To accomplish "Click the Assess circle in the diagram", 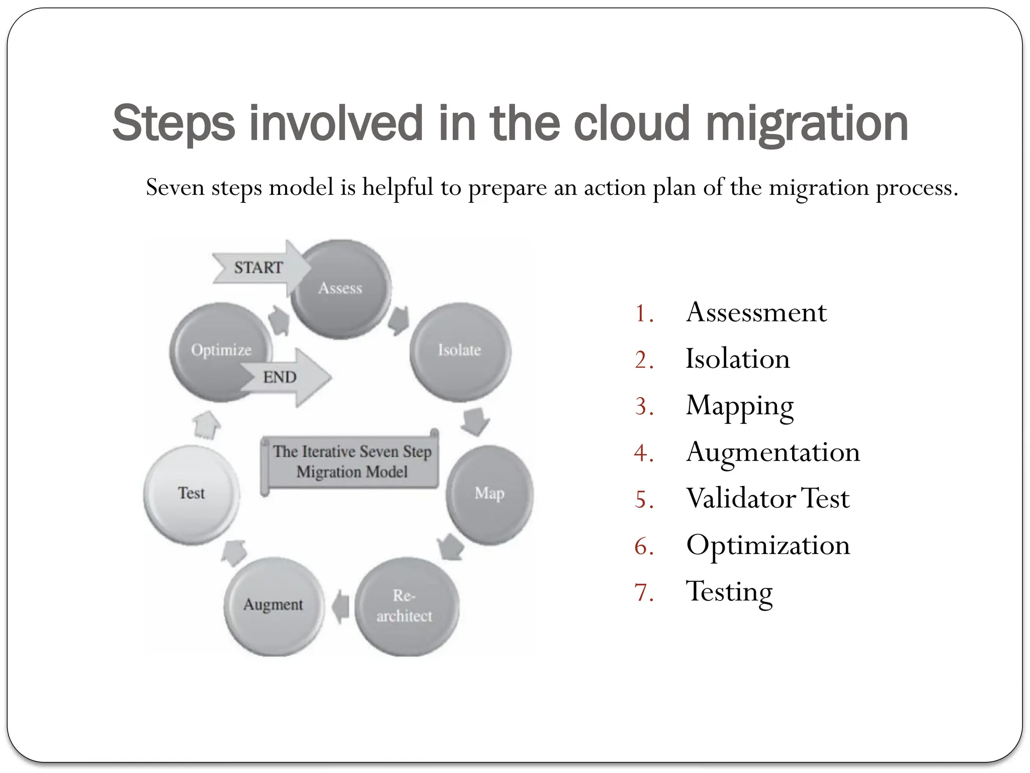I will pos(341,289).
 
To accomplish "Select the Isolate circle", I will pos(460,351).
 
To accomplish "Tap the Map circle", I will pos(489,494).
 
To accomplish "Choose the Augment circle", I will pos(274,605).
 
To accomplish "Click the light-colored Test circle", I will pos(191,494).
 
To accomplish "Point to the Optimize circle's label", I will pos(221,350).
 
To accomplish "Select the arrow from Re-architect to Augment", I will pos(341,606).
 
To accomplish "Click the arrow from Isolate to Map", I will pos(475,421).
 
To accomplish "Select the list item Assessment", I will pos(756,313).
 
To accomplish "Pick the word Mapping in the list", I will pos(739,406).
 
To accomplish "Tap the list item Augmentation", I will pos(773,452).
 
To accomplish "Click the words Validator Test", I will pos(768,499).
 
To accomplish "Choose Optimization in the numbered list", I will pos(768,546).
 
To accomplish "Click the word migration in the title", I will pos(807,123).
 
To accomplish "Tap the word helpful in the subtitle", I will pos(397,188).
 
